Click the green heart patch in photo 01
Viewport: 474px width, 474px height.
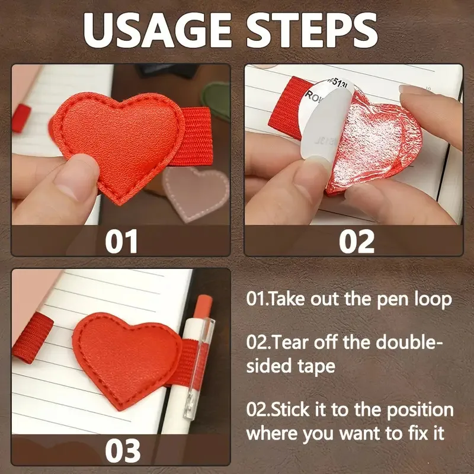pyautogui.click(x=217, y=95)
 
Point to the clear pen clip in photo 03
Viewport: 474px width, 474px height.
pyautogui.click(x=208, y=367)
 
